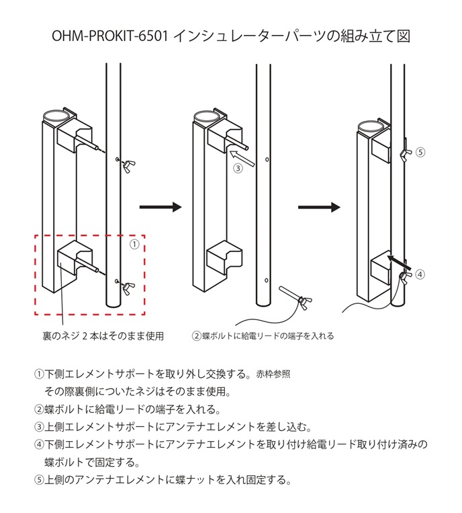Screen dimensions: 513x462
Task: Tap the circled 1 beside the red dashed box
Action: (134, 244)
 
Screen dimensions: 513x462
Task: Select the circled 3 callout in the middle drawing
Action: (238, 169)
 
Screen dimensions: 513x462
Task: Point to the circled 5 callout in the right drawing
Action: (420, 152)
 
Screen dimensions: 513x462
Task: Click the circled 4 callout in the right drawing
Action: (420, 274)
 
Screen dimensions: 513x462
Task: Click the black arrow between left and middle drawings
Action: (160, 207)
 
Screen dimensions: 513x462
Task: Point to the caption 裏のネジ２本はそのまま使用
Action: (103, 335)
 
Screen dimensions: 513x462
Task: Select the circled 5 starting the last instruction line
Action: (38, 480)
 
